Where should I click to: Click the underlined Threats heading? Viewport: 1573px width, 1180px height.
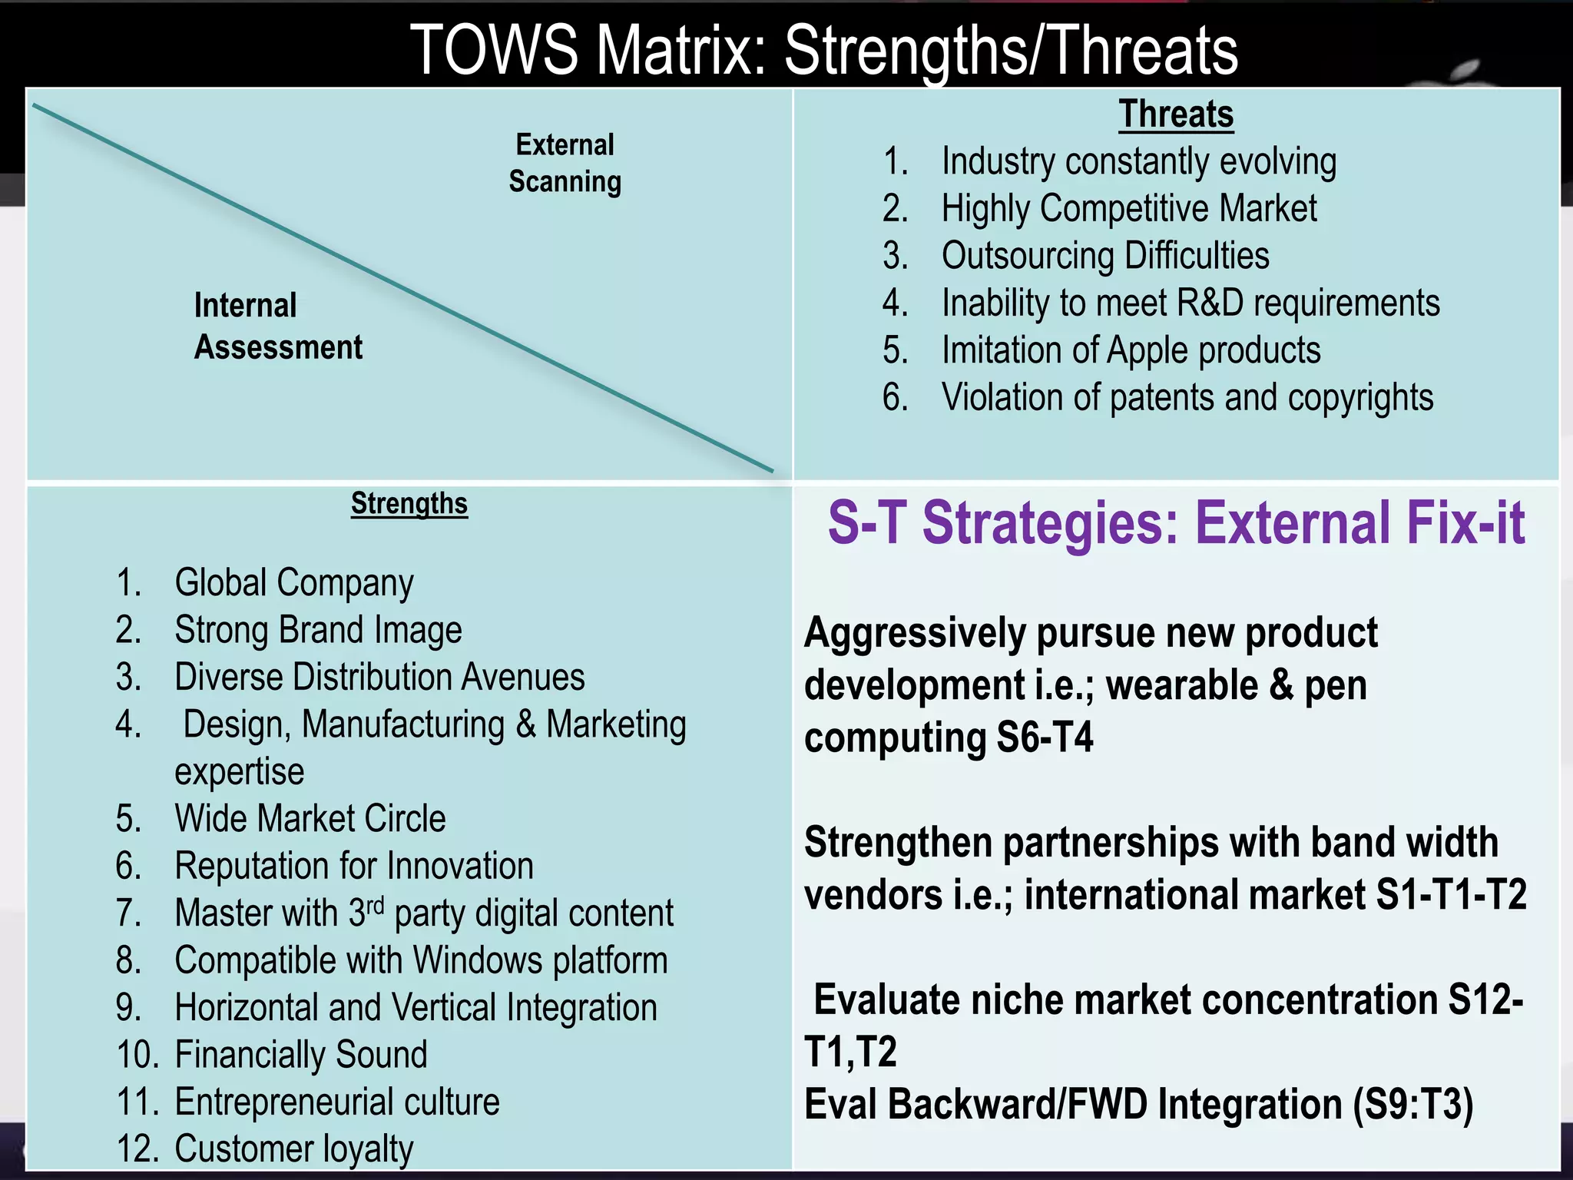(1175, 115)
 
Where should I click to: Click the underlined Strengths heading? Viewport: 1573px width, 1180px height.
(409, 504)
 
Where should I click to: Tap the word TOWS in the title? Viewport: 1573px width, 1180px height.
(494, 51)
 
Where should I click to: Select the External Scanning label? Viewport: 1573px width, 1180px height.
(565, 164)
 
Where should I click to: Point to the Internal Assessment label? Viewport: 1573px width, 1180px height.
(278, 326)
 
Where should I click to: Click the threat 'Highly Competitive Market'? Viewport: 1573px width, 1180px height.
(1129, 209)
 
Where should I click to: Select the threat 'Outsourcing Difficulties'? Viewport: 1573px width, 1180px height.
(1105, 256)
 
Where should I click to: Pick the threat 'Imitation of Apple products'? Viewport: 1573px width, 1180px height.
(1131, 350)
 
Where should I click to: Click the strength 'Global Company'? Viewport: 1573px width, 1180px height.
(294, 583)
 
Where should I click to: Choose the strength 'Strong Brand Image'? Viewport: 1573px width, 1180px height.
(318, 631)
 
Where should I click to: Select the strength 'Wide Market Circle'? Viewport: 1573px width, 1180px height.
(310, 819)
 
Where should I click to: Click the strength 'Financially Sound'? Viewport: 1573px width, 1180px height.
(301, 1055)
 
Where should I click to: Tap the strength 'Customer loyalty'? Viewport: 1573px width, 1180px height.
(294, 1149)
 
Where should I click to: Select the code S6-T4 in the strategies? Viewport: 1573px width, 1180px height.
(1045, 737)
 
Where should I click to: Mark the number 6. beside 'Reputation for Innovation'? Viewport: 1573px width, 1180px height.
(129, 867)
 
